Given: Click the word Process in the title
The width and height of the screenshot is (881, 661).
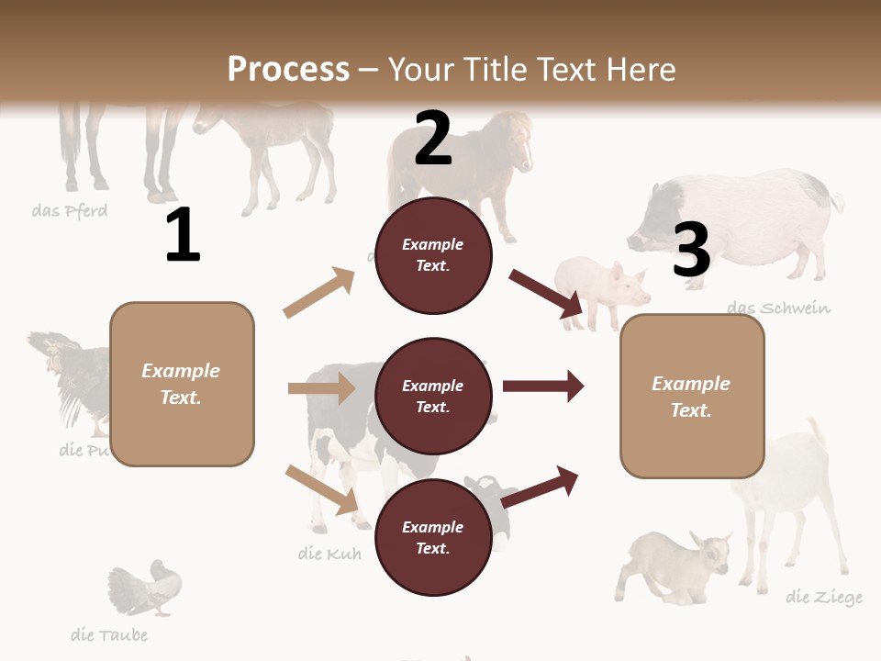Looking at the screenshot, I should (x=288, y=69).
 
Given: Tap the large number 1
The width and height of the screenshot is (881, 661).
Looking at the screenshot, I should (x=183, y=236).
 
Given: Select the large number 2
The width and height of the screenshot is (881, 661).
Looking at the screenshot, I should (x=433, y=139).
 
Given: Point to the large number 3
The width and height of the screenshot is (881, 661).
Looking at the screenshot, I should (x=691, y=250).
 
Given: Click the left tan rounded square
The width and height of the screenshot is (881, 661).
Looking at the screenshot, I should (x=182, y=384).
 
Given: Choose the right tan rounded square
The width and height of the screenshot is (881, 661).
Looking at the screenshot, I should (x=692, y=397).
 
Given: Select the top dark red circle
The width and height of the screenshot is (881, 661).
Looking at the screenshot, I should (x=433, y=255).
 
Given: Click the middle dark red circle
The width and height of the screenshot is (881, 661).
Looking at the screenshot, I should (x=433, y=397).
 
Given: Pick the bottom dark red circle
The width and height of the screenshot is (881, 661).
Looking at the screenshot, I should (x=433, y=538).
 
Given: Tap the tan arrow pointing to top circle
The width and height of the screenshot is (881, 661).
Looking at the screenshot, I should (x=319, y=293).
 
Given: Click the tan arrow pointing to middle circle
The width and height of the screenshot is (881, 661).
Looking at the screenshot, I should (x=321, y=388).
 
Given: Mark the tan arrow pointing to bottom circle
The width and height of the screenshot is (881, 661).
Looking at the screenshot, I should (x=321, y=489).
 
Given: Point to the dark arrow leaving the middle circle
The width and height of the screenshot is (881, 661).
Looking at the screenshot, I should (x=543, y=387).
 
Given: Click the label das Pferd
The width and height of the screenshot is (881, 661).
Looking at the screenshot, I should (x=70, y=211).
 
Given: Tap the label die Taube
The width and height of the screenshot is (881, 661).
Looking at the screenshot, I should (x=109, y=634).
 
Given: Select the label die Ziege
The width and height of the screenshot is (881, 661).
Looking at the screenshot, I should (x=824, y=598).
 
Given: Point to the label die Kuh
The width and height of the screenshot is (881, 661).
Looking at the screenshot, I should (x=329, y=554).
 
